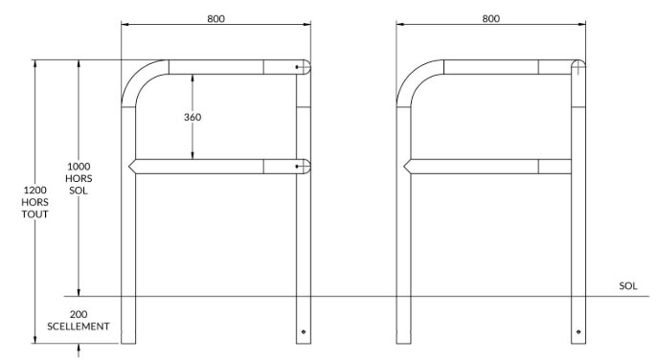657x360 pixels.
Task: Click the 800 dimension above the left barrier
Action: tap(215, 19)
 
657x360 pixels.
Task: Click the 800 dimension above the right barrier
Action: tap(490, 19)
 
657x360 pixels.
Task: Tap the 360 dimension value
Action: tap(193, 118)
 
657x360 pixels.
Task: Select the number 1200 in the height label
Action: tap(34, 191)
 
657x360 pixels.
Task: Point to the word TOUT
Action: tap(34, 214)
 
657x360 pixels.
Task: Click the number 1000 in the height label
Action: tap(79, 167)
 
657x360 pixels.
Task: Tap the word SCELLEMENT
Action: tap(79, 326)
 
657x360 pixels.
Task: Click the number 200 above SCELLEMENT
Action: tap(79, 314)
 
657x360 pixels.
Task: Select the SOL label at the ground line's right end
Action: tap(628, 286)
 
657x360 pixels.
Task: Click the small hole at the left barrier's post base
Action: tap(304, 331)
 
